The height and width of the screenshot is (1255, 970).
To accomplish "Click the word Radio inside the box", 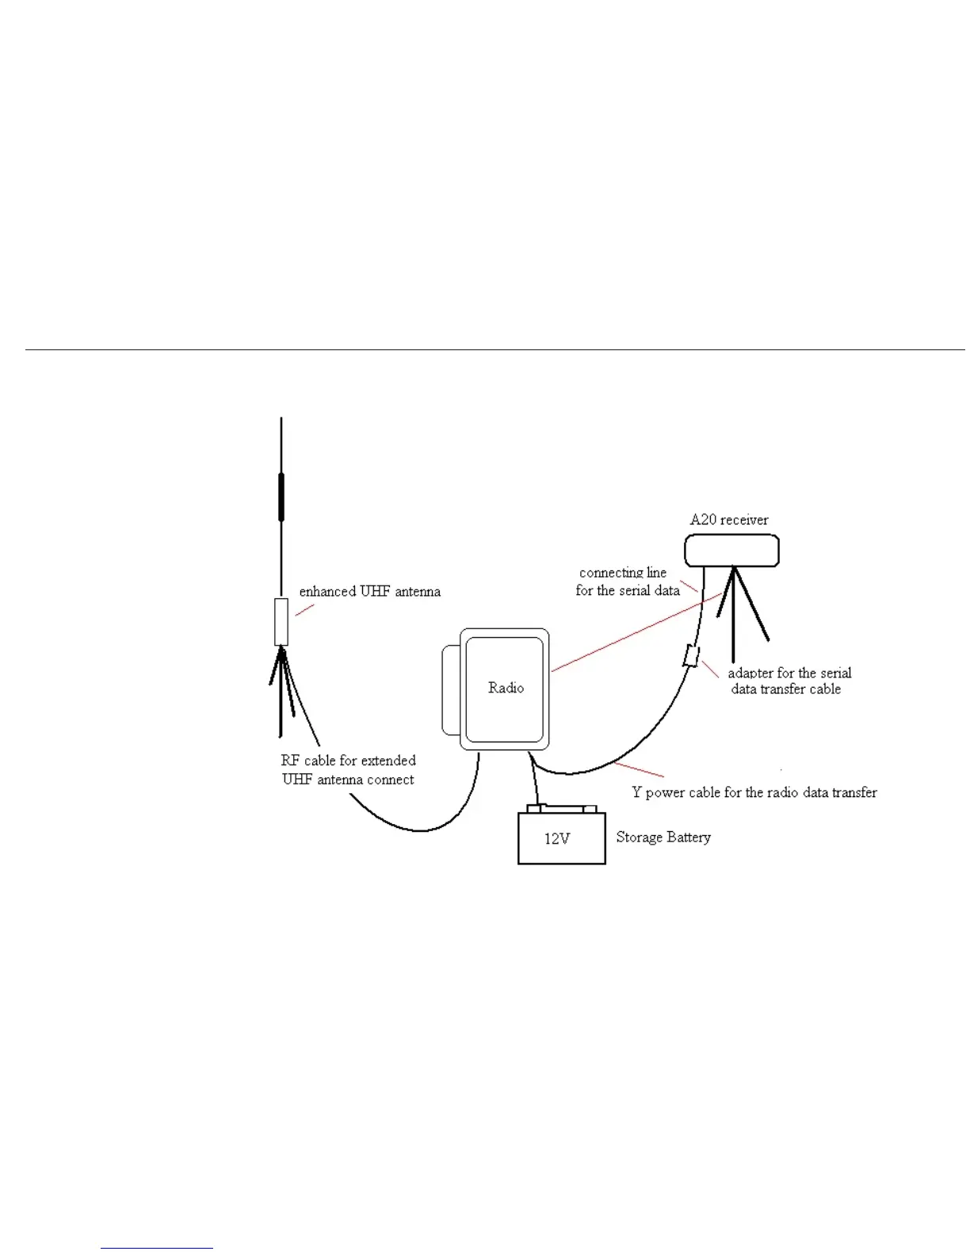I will pos(506,688).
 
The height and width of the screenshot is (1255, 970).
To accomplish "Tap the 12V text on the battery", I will pos(556,838).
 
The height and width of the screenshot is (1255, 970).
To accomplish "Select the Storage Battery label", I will pos(663,837).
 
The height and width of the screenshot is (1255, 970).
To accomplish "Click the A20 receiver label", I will pos(728,520).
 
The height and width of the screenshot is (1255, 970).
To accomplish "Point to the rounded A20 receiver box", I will pos(731,551).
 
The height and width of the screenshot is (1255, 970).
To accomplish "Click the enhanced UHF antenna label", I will pos(369,591).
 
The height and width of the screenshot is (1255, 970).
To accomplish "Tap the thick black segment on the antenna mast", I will pos(281,497).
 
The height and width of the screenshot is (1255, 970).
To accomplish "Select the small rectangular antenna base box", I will pos(281,622).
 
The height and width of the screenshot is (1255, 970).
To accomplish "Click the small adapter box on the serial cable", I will pos(691,657).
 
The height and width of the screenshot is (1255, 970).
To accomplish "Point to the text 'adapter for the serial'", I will pos(789,673).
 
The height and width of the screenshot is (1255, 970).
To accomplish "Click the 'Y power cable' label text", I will pos(754,792).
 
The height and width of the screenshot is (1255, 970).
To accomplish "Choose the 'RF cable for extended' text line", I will pos(348,761).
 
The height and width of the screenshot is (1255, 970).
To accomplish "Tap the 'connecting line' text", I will pos(622,572).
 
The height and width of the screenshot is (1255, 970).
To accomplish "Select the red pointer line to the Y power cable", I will pos(639,769).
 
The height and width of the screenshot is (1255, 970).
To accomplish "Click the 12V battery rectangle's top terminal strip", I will pos(561,809).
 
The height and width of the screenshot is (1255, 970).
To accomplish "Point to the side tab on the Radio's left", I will pos(450,689).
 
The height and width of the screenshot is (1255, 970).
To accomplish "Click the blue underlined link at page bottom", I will pos(157,1248).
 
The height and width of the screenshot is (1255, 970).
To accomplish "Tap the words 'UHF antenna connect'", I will pos(348,780).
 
